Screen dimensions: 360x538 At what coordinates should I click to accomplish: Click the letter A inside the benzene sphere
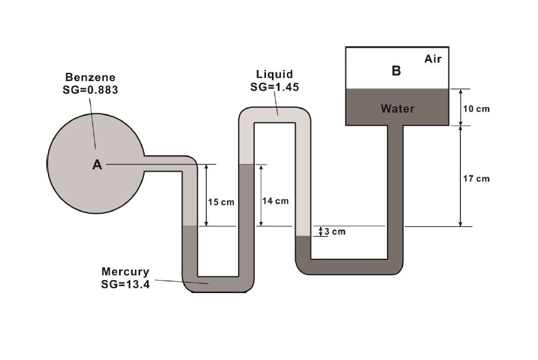[97, 166]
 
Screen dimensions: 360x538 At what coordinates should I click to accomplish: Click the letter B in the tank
[396, 71]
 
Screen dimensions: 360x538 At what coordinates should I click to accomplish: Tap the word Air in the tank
[433, 59]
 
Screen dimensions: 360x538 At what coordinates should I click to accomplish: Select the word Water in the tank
[398, 108]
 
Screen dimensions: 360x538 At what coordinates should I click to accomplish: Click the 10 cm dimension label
[476, 109]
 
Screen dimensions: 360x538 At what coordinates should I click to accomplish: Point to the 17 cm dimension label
[476, 178]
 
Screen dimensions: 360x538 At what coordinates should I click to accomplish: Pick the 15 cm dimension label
[221, 202]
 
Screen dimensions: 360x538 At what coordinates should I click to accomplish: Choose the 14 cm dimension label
[275, 201]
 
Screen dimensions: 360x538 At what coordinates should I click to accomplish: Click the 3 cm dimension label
[335, 232]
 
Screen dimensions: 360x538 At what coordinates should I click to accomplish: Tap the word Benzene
[91, 77]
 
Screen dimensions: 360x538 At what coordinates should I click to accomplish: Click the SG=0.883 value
[91, 90]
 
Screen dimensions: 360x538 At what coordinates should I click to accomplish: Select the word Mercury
[126, 272]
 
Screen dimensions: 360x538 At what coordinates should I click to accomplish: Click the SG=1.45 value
[274, 86]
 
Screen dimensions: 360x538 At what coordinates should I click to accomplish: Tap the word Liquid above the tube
[274, 74]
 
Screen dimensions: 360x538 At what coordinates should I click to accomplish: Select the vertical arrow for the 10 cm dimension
[460, 107]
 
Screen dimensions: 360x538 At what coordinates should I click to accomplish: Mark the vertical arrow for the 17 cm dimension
[460, 176]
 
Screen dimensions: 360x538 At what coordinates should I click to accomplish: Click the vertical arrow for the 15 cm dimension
[206, 195]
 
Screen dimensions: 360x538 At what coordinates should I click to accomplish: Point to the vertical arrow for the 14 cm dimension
[260, 195]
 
